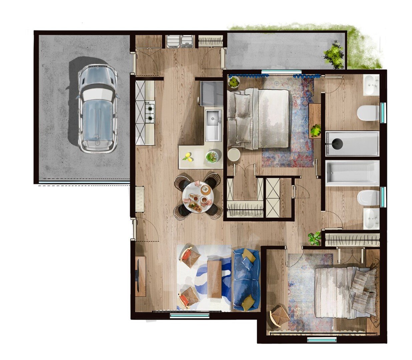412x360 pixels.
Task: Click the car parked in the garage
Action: click(97, 108)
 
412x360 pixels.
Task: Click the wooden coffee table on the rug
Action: click(215, 279)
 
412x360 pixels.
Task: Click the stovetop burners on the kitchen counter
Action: click(150, 112)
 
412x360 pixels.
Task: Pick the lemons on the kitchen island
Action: click(189, 157)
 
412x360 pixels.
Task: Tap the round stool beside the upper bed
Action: click(234, 155)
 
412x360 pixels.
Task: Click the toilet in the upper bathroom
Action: click(368, 113)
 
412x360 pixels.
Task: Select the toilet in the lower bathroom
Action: click(368, 198)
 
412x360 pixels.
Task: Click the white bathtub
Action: click(352, 173)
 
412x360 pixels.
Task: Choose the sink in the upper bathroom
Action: click(371, 85)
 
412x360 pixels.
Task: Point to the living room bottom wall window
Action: click(189, 315)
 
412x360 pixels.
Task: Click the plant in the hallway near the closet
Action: click(314, 238)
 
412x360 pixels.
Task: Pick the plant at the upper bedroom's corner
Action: click(234, 82)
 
